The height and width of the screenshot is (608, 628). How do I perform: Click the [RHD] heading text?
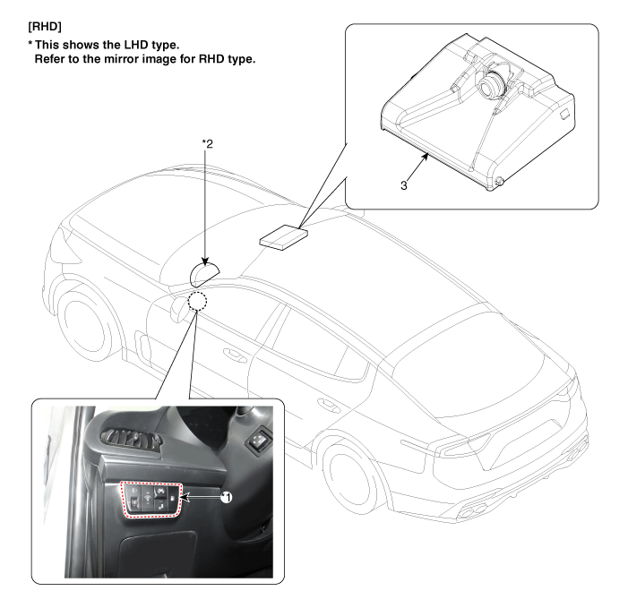tap(45, 27)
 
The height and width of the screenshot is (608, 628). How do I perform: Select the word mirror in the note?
tap(121, 59)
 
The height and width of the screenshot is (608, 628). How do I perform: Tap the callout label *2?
tap(208, 143)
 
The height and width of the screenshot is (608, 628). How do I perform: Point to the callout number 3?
tap(404, 185)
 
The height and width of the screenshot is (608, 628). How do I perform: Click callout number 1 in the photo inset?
tap(227, 498)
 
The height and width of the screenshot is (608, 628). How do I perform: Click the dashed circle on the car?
tap(197, 302)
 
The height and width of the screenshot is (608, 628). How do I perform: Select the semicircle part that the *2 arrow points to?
tap(204, 274)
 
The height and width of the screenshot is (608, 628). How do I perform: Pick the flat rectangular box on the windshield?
tap(284, 237)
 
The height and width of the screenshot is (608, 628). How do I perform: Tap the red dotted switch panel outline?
tap(151, 500)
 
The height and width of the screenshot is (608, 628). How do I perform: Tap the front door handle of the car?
tap(235, 355)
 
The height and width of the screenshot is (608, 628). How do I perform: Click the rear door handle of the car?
tap(329, 406)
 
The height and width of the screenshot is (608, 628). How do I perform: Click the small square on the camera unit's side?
tap(564, 114)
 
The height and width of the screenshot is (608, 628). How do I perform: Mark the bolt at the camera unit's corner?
tap(499, 182)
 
